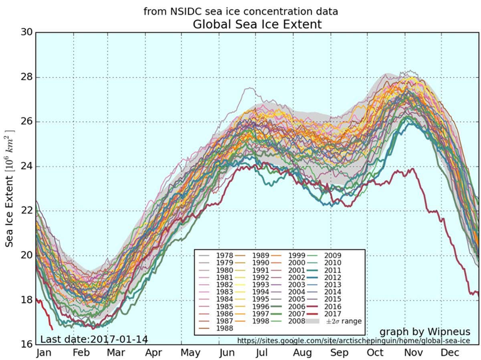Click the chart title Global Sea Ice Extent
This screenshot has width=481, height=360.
(257, 24)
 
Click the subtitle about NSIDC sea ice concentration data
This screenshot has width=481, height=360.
(240, 11)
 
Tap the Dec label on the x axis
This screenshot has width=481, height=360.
(450, 353)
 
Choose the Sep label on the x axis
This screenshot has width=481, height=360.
(339, 353)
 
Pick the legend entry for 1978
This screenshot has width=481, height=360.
(224, 255)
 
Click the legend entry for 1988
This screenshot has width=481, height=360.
(224, 328)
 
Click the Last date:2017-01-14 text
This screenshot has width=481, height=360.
(94, 340)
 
